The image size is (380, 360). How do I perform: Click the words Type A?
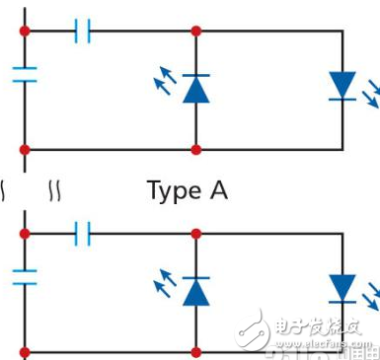pyautogui.click(x=187, y=190)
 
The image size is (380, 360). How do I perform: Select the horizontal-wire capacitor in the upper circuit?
pyautogui.click(x=84, y=32)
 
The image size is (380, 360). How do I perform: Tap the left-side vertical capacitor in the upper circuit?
pyautogui.click(x=25, y=75)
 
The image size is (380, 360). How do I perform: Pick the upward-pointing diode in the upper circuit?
pyautogui.click(x=196, y=89)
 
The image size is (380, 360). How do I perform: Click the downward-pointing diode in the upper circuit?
pyautogui.click(x=342, y=85)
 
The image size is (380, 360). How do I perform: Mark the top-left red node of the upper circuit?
pyautogui.click(x=25, y=32)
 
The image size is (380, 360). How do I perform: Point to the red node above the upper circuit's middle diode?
pyautogui.click(x=196, y=32)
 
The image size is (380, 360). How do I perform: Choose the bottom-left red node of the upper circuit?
pyautogui.click(x=25, y=149)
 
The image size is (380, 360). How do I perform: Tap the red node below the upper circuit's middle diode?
pyautogui.click(x=196, y=149)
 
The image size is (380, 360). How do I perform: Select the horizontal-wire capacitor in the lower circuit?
pyautogui.click(x=84, y=234)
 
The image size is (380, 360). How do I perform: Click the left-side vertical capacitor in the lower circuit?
pyautogui.click(x=25, y=278)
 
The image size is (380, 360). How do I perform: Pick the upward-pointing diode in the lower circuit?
pyautogui.click(x=196, y=291)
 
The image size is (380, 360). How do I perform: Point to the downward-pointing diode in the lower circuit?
pyautogui.click(x=342, y=288)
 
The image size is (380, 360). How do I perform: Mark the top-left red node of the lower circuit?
pyautogui.click(x=25, y=234)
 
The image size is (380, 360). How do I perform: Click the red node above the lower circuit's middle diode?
pyautogui.click(x=196, y=234)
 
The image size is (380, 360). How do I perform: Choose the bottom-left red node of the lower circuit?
pyautogui.click(x=25, y=351)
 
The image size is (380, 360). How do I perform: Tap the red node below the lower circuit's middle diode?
pyautogui.click(x=196, y=351)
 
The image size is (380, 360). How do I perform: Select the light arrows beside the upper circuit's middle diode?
pyautogui.click(x=165, y=79)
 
